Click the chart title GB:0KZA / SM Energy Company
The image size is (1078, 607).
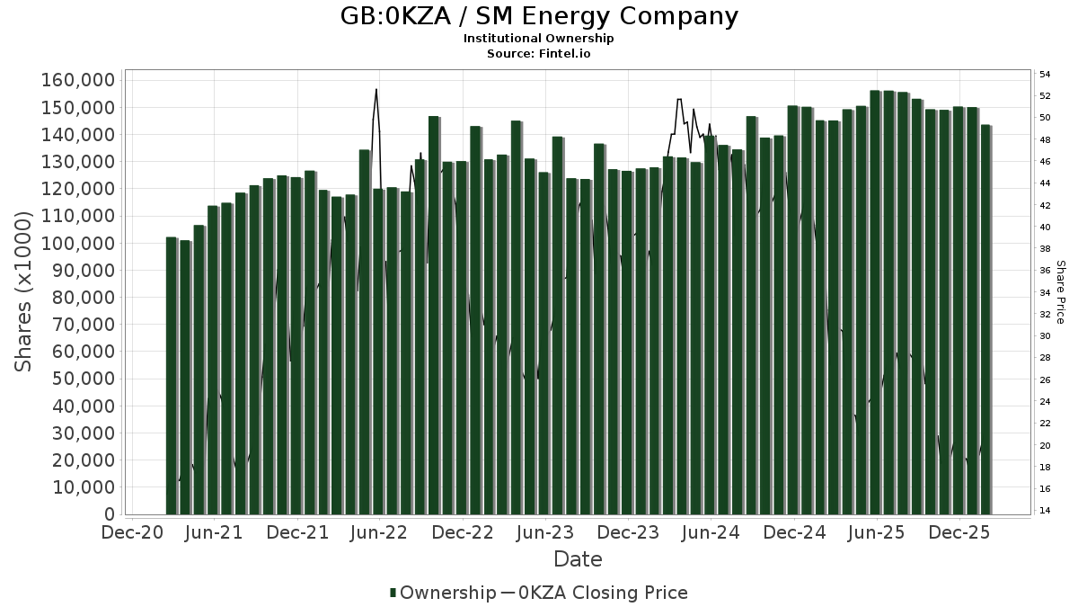(x=539, y=16)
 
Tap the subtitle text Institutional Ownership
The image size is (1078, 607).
(x=539, y=39)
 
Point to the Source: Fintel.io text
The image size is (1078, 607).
(x=539, y=53)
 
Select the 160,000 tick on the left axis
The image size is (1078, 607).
(x=78, y=81)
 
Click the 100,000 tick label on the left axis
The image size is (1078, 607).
(x=78, y=244)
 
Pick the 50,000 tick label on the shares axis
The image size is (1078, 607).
(x=83, y=379)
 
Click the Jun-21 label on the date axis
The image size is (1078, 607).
(x=215, y=532)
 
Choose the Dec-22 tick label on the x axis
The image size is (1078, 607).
(x=463, y=532)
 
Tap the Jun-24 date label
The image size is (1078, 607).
(x=711, y=532)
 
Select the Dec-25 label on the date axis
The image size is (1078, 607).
(x=959, y=532)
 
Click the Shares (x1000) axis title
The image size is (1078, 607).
(x=24, y=291)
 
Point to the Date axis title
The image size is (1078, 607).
(x=578, y=559)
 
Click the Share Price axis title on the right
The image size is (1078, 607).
(x=1060, y=291)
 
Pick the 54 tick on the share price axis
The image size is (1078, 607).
(x=1045, y=74)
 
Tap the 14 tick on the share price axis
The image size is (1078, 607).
(x=1045, y=511)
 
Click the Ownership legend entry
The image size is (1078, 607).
(x=442, y=593)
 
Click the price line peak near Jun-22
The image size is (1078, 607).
(x=376, y=89)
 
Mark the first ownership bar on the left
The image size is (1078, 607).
(x=172, y=375)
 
